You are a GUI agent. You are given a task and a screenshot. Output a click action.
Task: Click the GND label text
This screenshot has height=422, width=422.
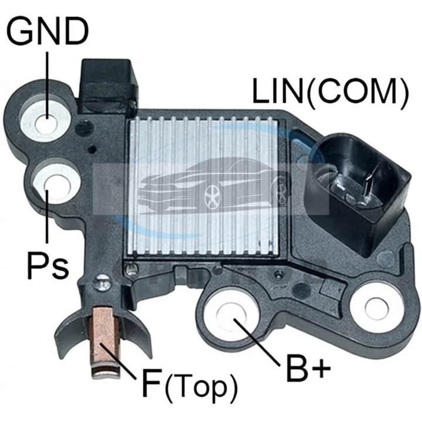tap(47, 30)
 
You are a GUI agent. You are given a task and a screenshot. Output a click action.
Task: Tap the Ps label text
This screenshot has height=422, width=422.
tap(48, 265)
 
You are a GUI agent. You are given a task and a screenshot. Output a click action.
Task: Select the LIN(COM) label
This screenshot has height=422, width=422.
tap(330, 91)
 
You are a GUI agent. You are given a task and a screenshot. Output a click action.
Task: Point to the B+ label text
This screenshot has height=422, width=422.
tap(308, 367)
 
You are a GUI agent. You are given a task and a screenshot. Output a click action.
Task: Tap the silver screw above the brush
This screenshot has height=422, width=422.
tap(101, 284)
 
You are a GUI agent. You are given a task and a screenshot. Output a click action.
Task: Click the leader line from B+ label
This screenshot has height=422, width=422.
tap(257, 342)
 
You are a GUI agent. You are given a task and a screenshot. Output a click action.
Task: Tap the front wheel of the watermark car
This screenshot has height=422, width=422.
tap(213, 197)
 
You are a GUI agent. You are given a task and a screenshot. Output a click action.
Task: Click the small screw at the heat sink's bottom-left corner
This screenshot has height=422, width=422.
tap(132, 268)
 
